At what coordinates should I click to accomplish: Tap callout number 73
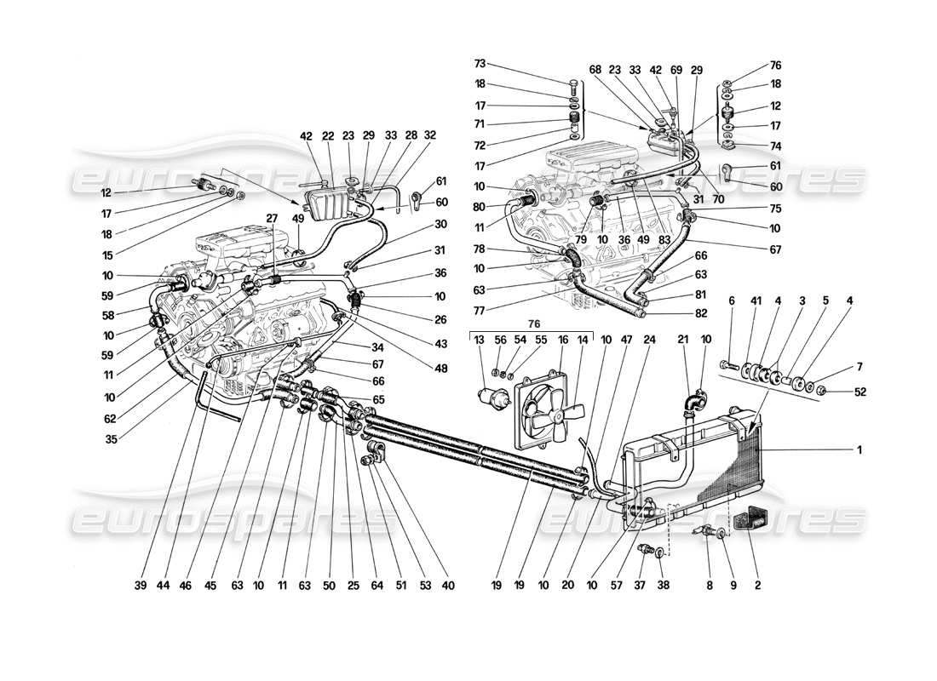coord(480,64)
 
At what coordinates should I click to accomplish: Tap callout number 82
coord(676,314)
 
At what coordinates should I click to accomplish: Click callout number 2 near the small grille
coord(757,586)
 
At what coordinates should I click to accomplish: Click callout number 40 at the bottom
coord(449,586)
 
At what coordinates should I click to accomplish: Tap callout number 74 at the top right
coord(775,146)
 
